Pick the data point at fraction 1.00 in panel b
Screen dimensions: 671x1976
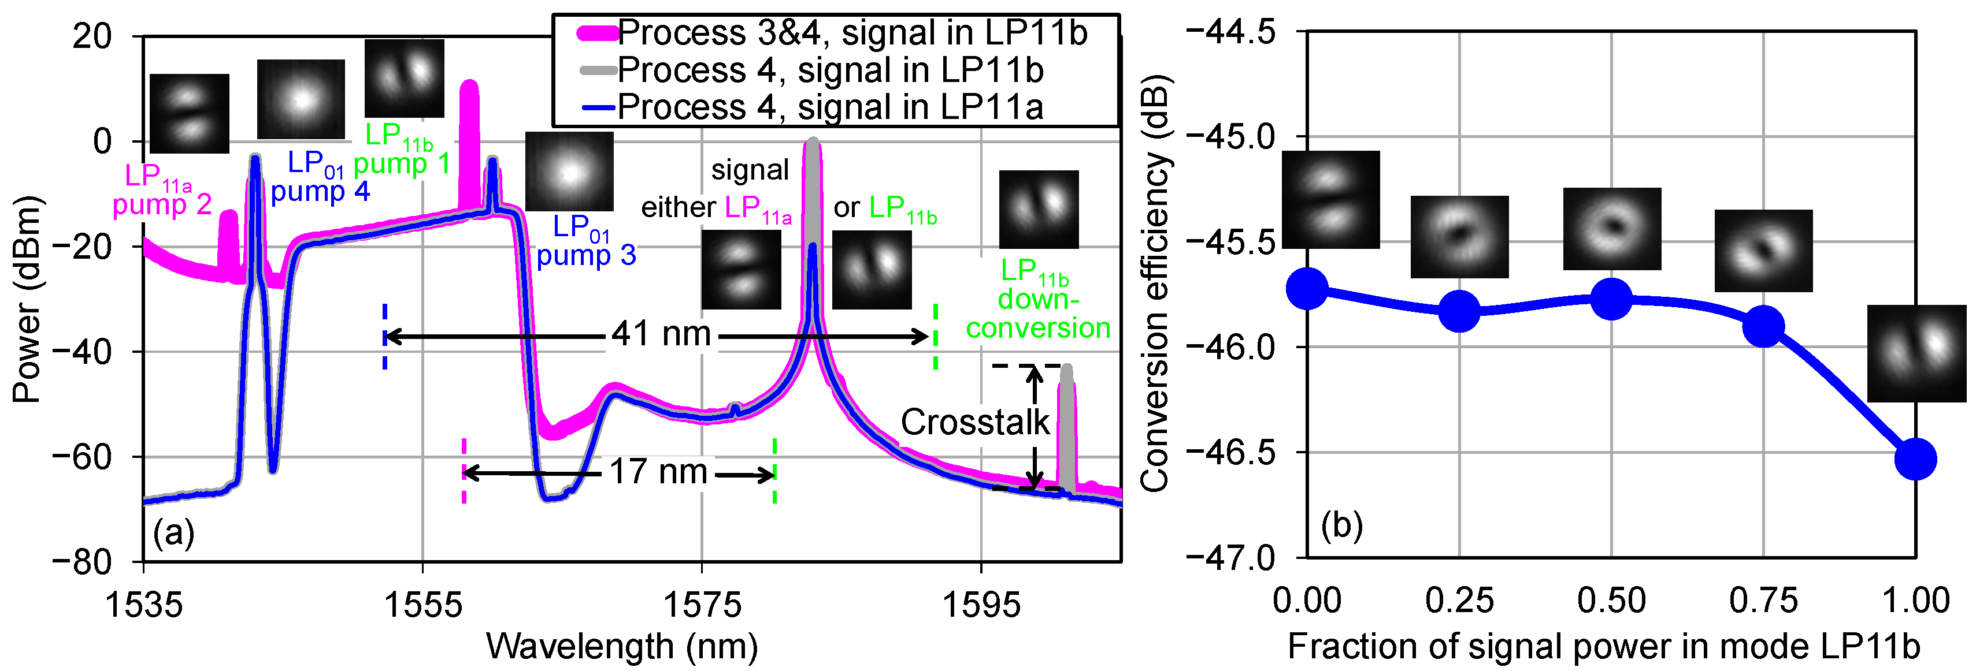(1915, 459)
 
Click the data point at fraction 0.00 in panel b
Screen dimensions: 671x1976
(1307, 288)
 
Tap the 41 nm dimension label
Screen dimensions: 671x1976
(661, 334)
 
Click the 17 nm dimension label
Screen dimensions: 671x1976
(658, 472)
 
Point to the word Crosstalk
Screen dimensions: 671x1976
(974, 422)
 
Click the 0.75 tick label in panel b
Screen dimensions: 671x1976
(1763, 601)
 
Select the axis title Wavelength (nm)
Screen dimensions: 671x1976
(622, 647)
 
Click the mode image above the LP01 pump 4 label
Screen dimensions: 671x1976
(301, 99)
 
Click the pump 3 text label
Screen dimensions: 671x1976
(586, 255)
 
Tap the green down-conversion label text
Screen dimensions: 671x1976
(1038, 313)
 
